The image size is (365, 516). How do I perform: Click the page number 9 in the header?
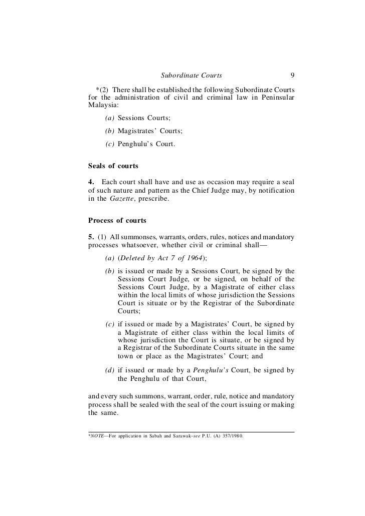coord(292,76)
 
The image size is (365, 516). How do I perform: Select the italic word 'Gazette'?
coord(123,213)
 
